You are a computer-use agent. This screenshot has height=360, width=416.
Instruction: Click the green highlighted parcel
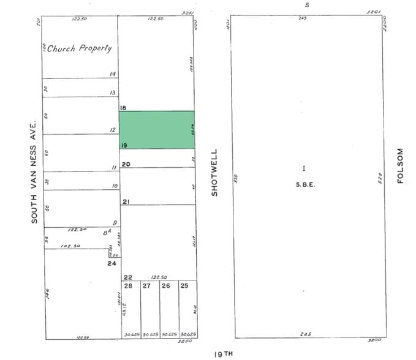click(156, 130)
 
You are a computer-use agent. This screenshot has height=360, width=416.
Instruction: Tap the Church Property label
click(77, 48)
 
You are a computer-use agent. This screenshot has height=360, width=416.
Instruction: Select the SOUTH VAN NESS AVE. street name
click(35, 171)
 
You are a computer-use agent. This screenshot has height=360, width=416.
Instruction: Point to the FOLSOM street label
click(401, 165)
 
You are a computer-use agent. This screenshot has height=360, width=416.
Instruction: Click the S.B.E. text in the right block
click(304, 183)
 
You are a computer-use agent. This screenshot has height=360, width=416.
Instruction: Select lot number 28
click(128, 285)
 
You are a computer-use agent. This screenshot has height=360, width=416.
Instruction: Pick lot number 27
click(147, 285)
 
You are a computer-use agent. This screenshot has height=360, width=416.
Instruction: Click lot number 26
click(166, 285)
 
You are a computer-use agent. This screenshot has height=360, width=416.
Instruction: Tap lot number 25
click(185, 285)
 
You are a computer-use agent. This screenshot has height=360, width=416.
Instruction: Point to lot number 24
click(112, 264)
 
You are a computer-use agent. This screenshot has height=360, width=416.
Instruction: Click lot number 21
click(126, 201)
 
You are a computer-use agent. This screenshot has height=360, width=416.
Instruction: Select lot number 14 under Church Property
click(112, 74)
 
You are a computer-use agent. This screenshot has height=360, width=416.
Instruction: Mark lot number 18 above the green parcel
click(123, 107)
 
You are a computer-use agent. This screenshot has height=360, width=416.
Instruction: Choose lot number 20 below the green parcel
click(126, 164)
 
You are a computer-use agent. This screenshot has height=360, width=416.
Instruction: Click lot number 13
click(112, 92)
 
